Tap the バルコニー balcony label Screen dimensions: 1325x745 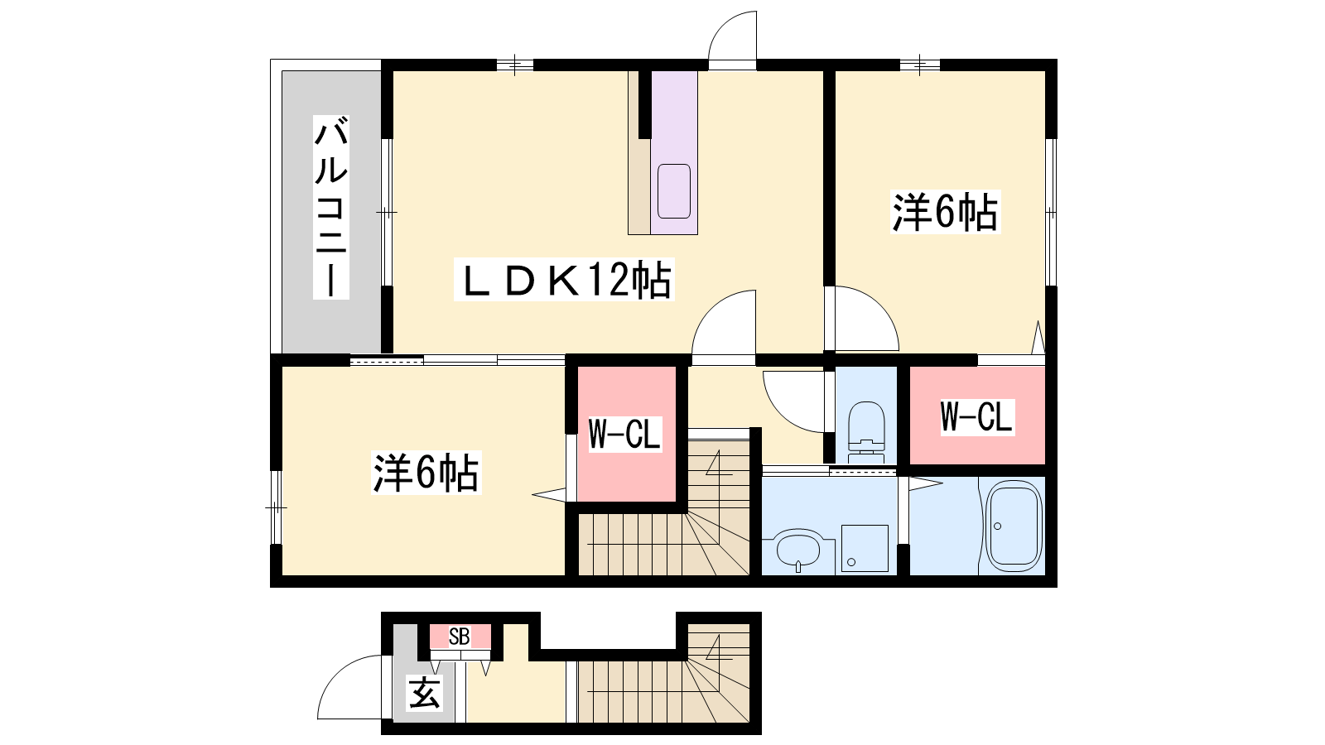[330, 207]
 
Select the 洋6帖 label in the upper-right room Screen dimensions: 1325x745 [945, 212]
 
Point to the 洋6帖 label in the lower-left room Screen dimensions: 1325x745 [426, 473]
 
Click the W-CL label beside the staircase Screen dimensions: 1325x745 [624, 435]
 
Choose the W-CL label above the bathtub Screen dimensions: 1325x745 [977, 417]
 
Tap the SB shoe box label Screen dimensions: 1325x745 [459, 637]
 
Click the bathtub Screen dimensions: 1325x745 [1013, 526]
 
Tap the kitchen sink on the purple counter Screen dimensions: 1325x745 [674, 191]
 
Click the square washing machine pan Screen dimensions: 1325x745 [865, 548]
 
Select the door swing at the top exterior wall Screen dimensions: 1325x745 [732, 36]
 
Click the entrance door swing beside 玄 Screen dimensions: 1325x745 [349, 687]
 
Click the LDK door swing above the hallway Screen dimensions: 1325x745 [724, 322]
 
